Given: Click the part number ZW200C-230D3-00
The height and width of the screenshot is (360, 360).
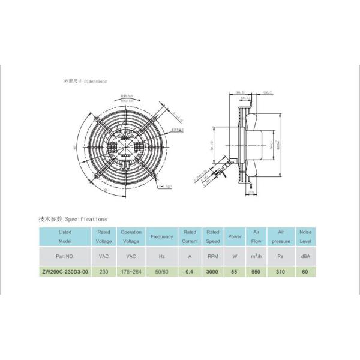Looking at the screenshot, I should tap(65, 271).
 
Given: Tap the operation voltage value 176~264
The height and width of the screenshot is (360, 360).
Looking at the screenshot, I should tap(131, 271).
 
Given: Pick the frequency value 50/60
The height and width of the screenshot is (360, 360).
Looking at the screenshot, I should tap(161, 271).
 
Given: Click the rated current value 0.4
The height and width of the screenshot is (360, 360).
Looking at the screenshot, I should tap(190, 271).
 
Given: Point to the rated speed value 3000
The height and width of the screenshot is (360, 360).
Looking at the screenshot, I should tap(212, 271).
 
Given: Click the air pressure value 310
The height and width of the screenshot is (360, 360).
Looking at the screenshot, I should tap(281, 271).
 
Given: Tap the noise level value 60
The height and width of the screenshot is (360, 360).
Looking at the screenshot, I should tap(305, 271).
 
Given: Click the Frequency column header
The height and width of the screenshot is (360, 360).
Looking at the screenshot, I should tap(161, 236).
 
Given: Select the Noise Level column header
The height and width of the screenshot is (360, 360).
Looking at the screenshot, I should tap(305, 236).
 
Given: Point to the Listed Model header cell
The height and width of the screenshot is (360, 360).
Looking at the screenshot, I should tap(65, 236).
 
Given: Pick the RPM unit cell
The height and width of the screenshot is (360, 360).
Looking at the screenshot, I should tap(212, 256).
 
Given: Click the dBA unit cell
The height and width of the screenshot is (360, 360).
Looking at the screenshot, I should tap(305, 256).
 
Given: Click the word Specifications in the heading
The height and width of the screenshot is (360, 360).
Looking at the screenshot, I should tap(85, 220).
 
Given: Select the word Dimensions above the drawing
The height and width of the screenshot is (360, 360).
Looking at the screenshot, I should tap(95, 80).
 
